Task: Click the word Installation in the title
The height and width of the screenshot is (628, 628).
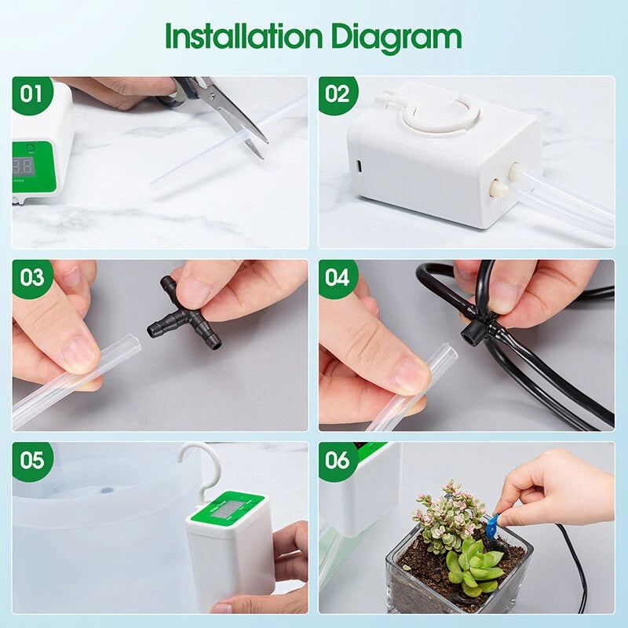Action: tap(243, 38)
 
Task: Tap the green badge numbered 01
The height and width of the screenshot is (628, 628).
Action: tap(31, 94)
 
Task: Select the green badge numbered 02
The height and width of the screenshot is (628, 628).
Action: tap(338, 94)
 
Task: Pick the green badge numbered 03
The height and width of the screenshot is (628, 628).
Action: tap(32, 278)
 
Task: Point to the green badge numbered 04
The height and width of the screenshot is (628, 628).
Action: tap(338, 278)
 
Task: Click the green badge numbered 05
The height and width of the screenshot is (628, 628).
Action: tap(32, 460)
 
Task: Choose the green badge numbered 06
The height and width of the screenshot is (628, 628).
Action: tap(338, 460)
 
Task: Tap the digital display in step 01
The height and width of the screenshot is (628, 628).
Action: tap(24, 166)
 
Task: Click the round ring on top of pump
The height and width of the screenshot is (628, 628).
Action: tap(440, 115)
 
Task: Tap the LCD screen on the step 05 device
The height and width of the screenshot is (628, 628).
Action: tap(228, 510)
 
